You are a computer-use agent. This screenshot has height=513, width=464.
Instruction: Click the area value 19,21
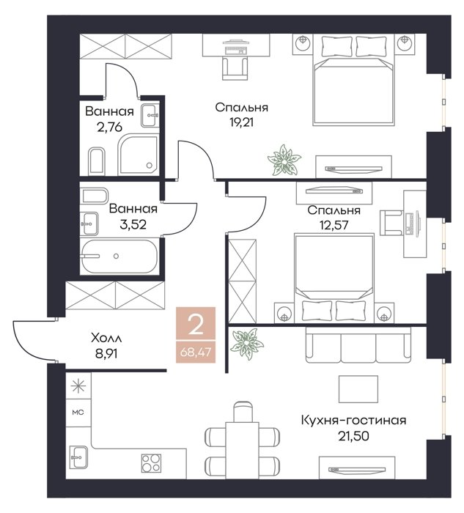click(241, 122)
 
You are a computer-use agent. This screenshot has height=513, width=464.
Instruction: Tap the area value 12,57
click(334, 225)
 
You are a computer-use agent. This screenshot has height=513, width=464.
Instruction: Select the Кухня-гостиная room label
click(353, 420)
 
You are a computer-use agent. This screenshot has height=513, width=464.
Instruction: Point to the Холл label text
click(106, 338)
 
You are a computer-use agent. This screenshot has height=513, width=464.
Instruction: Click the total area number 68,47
click(196, 353)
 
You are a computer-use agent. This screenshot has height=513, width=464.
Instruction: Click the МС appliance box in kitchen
click(78, 413)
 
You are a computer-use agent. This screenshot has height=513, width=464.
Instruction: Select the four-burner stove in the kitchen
click(151, 463)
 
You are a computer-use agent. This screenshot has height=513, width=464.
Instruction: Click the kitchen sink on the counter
click(79, 457)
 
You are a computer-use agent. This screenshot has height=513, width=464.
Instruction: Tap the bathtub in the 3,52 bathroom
click(119, 256)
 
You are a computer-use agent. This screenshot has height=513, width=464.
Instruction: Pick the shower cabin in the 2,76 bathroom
click(137, 155)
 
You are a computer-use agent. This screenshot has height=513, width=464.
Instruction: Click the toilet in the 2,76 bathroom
click(97, 160)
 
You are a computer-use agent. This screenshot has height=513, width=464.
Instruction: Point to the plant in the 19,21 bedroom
click(284, 160)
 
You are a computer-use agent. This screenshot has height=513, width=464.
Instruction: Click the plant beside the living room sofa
click(246, 344)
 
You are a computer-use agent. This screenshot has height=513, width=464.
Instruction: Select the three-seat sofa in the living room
click(358, 344)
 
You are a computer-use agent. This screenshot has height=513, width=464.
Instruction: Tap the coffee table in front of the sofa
click(358, 389)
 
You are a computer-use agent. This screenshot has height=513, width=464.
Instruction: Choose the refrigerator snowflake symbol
click(78, 386)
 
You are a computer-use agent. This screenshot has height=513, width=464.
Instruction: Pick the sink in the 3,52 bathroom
click(89, 224)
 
